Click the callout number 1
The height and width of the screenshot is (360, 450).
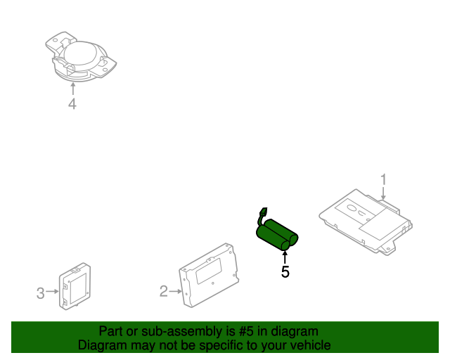[384, 179]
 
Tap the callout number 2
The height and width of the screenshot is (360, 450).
[164, 290]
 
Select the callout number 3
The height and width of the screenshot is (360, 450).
[41, 291]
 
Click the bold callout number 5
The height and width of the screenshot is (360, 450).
[285, 271]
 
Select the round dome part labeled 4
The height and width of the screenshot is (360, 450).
[79, 56]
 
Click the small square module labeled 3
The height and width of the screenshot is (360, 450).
[75, 285]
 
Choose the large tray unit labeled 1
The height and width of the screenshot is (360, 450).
[366, 218]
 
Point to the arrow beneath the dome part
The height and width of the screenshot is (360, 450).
[72, 89]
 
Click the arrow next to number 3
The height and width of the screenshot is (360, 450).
[54, 291]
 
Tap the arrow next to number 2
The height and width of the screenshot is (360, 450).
[176, 290]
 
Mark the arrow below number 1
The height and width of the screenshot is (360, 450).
[383, 195]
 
